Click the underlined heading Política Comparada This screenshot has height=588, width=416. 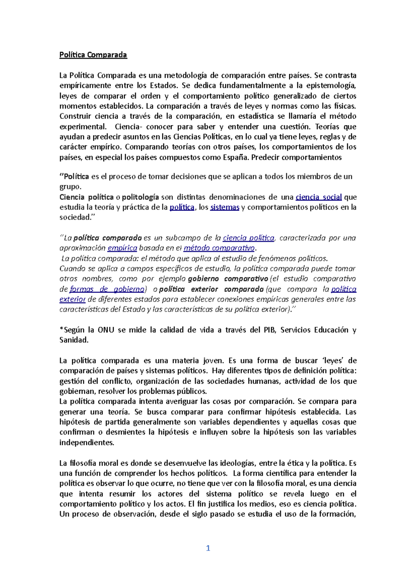click(x=93, y=55)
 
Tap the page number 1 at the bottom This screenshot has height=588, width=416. click(x=208, y=548)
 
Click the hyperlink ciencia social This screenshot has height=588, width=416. click(x=319, y=197)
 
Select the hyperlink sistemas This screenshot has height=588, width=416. click(x=225, y=207)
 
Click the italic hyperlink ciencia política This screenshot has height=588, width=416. click(x=249, y=238)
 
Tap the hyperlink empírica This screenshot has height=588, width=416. click(x=122, y=248)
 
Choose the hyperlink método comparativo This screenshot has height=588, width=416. click(x=219, y=248)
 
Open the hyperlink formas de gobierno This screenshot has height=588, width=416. click(x=107, y=289)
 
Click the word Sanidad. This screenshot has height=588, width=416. click(x=74, y=340)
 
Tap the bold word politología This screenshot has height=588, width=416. click(x=140, y=197)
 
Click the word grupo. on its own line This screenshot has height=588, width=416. click(x=70, y=187)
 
